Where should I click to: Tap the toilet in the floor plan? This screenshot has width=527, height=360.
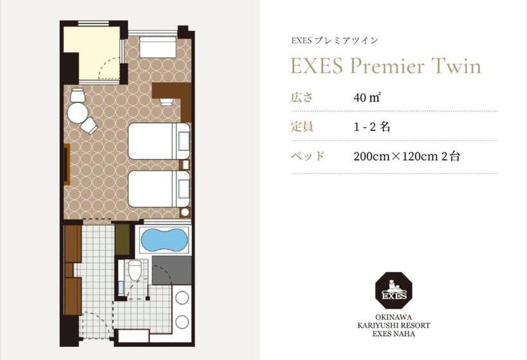[134, 271]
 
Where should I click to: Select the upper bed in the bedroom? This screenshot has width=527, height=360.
[159, 141]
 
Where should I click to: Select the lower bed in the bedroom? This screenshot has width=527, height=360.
[159, 188]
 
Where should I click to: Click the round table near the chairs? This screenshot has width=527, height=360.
[77, 113]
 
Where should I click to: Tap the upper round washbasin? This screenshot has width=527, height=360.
[182, 298]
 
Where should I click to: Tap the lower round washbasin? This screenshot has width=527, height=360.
[182, 322]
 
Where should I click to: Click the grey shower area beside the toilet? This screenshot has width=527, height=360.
[172, 270]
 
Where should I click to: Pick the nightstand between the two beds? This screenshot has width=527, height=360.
[184, 165]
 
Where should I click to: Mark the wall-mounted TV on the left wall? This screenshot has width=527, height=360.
[66, 165]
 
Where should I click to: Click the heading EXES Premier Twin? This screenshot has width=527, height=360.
[386, 67]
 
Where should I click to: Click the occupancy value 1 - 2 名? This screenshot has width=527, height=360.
[371, 127]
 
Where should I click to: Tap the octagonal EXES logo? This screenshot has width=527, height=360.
[393, 291]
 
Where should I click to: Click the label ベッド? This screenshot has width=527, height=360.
[308, 156]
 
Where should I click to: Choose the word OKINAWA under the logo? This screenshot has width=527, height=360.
[393, 317]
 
